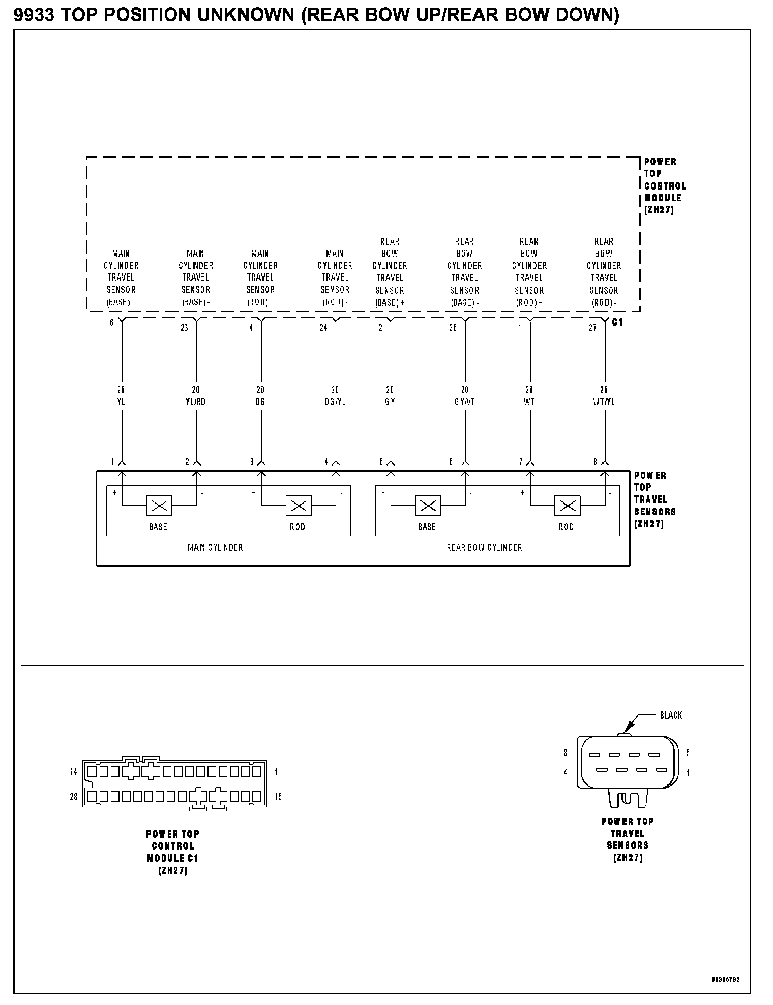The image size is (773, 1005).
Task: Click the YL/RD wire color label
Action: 195,402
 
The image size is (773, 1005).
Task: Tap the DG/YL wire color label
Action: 335,402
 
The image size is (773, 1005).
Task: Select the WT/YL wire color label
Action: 604,402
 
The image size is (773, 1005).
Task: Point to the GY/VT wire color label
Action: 464,402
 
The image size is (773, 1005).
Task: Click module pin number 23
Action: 184,328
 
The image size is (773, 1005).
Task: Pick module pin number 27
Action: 592,328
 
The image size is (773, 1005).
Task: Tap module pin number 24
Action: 323,328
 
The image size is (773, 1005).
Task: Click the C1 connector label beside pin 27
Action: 617,322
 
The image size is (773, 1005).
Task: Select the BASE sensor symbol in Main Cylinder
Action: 159,506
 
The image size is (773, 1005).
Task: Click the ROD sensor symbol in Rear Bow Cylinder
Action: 567,506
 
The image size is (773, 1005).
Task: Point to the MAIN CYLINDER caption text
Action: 215,547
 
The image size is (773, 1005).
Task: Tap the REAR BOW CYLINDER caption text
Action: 484,547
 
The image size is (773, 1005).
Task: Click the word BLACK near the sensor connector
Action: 671,715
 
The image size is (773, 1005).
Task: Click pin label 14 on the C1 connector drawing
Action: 74,772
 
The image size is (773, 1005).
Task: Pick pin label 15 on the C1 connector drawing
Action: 278,797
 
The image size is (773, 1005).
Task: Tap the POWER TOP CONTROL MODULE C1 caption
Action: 173,852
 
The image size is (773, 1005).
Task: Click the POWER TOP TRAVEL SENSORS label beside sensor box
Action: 654,499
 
